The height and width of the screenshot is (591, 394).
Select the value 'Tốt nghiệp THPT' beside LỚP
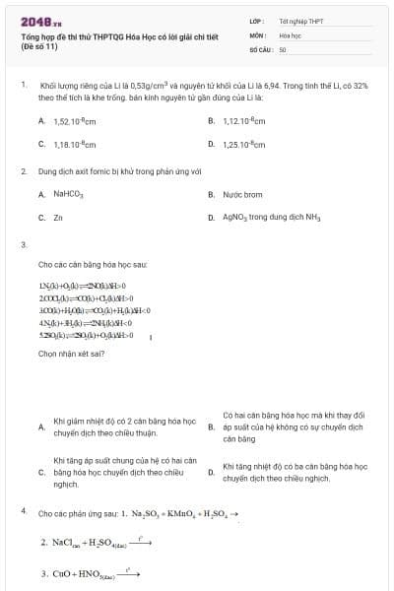point(300,20)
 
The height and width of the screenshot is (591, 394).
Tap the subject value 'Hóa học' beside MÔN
point(290,33)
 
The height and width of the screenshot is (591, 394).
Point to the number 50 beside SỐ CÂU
point(283,47)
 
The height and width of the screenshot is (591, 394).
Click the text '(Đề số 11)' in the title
point(40,46)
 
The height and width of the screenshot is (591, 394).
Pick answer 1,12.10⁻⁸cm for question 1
point(242,121)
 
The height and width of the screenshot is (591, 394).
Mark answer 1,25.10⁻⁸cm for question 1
point(242,144)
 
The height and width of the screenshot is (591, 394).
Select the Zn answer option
point(58,217)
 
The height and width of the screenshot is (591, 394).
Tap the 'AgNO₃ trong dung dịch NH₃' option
point(271,217)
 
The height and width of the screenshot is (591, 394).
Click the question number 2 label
point(24,170)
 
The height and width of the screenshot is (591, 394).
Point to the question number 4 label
point(24,512)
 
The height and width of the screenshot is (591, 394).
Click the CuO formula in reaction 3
point(62,572)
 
